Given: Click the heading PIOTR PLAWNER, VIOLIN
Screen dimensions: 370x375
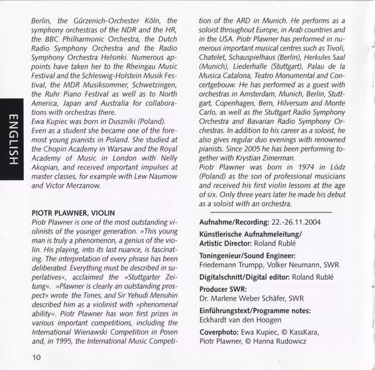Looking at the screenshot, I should click(72, 213).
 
